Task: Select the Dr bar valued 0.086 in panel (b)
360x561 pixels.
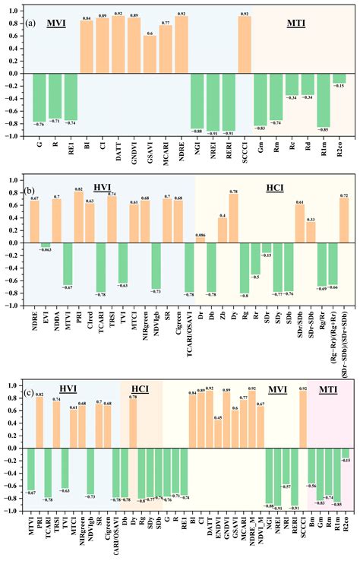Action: [x=200, y=239]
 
